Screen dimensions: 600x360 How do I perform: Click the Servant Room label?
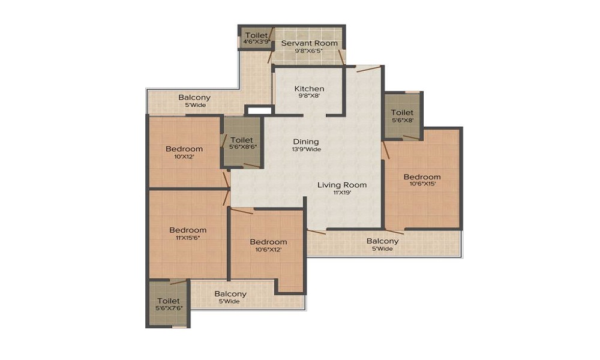point(310,43)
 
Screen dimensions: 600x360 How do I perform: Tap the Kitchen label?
point(309,89)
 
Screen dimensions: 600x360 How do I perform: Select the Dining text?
point(306,142)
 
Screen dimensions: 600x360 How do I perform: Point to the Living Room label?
point(342,185)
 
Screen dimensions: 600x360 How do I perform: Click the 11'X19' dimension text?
point(342,193)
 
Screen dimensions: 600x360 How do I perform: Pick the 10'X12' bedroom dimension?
point(184,157)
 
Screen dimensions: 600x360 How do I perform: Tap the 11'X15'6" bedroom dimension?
point(188,238)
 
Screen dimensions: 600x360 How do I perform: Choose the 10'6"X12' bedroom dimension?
point(268,250)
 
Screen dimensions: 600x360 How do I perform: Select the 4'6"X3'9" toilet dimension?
point(257,42)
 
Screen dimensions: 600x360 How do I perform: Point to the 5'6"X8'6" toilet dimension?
point(242,146)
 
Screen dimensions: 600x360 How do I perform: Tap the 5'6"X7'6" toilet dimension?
point(169,308)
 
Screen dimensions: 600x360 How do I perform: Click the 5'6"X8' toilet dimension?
point(403,120)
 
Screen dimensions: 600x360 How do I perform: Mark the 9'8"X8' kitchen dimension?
point(309,95)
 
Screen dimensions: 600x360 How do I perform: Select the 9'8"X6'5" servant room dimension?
point(309,50)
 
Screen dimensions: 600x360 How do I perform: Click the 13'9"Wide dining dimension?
point(306,149)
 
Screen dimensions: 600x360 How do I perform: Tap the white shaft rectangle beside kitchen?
point(259,111)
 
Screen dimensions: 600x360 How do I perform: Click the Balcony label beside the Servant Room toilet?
point(194,98)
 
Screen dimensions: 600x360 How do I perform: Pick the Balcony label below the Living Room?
point(383,241)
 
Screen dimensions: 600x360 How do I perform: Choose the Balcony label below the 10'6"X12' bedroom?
point(230,294)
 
